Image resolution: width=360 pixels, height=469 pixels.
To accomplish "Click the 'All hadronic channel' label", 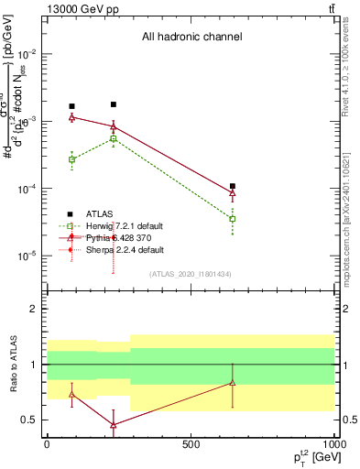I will click(x=191, y=38).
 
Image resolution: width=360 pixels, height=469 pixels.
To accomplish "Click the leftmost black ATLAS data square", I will click(x=71, y=106).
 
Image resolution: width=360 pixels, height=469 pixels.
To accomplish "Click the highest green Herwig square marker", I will click(x=113, y=138).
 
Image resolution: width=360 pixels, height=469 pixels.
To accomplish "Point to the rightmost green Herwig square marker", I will click(x=233, y=219).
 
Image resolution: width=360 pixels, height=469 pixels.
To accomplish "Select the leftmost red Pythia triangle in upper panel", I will click(x=71, y=117).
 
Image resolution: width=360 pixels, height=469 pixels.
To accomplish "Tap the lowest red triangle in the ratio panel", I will click(x=113, y=425).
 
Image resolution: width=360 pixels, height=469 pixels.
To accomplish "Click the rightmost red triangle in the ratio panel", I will click(x=233, y=383).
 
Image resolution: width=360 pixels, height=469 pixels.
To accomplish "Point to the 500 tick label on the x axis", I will click(x=191, y=444).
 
